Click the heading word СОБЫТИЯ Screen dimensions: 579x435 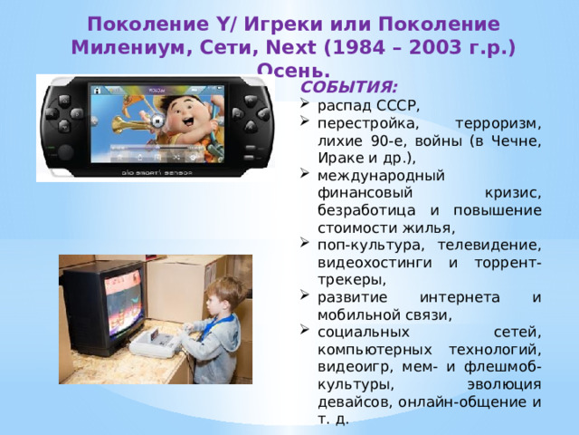coord(349,87)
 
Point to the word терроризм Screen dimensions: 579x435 coord(498,123)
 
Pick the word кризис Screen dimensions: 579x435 coord(513,193)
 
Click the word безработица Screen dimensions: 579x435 coord(366,210)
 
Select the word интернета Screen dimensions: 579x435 coord(460,297)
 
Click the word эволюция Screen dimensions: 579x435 coord(504,384)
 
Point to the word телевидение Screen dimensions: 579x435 coord(489,246)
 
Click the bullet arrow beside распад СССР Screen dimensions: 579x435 coord(304,103)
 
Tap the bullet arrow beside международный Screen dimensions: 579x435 coord(304,173)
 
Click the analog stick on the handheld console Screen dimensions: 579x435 coord(65,152)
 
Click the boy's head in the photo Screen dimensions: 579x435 coord(222,297)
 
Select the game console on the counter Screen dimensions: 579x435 coord(155,343)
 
